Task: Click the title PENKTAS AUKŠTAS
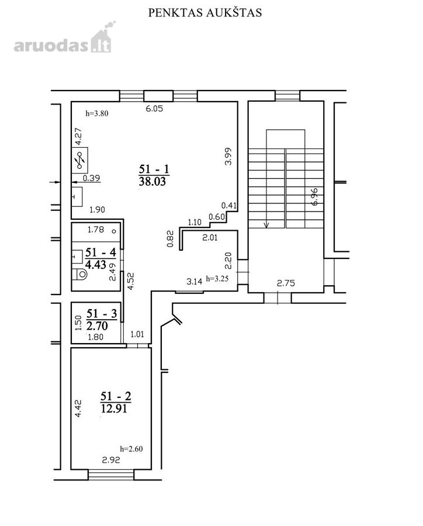click(205, 12)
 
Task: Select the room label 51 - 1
click(154, 168)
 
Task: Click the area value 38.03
click(152, 182)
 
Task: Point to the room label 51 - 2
click(116, 396)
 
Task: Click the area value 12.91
click(114, 409)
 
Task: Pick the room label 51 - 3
click(102, 314)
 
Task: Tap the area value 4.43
click(96, 264)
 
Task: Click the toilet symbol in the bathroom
click(79, 274)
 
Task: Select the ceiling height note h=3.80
click(97, 113)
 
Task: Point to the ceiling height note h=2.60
click(131, 448)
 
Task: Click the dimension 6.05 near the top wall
click(154, 108)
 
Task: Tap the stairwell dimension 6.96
click(314, 196)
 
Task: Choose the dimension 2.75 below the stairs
click(286, 283)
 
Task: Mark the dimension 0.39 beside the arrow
click(92, 178)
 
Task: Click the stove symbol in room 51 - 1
click(80, 160)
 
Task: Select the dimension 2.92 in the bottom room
click(111, 460)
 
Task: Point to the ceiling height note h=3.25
click(217, 278)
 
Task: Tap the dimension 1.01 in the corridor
click(137, 334)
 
